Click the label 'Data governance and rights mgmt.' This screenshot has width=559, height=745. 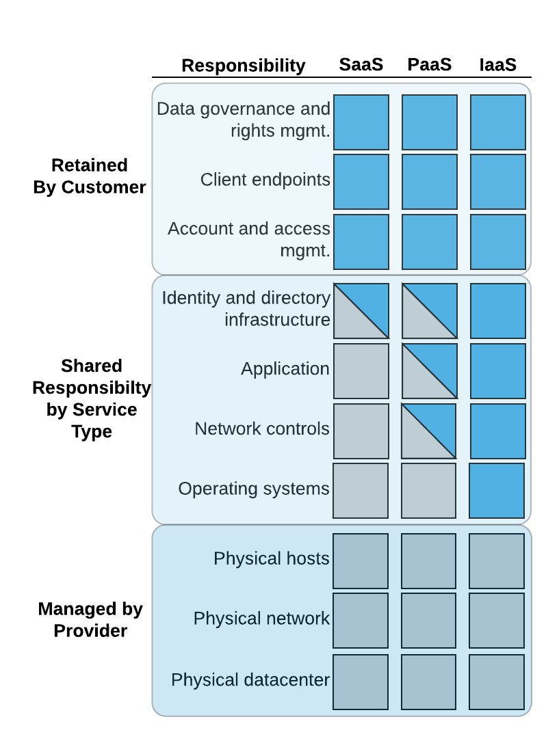tap(244, 120)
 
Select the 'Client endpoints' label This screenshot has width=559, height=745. tap(265, 180)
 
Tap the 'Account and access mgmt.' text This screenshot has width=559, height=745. tap(249, 239)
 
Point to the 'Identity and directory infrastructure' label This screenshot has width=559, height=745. tap(246, 309)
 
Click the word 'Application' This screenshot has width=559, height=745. tap(285, 369)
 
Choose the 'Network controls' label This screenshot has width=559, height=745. tap(261, 429)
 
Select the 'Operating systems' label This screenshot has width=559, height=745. tap(253, 489)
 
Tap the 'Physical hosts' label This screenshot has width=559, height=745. tap(271, 558)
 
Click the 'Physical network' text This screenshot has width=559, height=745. tap(261, 619)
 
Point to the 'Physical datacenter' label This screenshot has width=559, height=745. tap(250, 680)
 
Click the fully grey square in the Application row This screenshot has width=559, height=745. tap(361, 371)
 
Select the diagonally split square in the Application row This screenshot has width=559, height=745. tap(430, 371)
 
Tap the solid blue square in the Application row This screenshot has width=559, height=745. tap(498, 371)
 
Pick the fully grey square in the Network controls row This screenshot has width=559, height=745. tap(361, 431)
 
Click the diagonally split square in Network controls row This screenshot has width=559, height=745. tap(428, 431)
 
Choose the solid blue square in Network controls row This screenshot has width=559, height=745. tap(498, 431)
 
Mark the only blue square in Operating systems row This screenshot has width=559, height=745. tap(497, 491)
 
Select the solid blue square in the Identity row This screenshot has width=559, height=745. tap(498, 311)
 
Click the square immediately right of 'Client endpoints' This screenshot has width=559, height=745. tap(361, 182)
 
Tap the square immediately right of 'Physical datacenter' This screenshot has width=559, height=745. tap(361, 682)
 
